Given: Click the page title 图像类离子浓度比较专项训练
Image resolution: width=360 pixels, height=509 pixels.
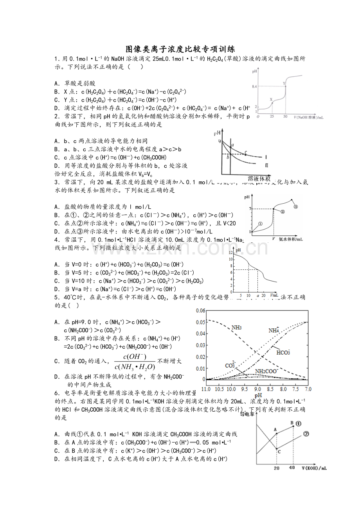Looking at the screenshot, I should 180,49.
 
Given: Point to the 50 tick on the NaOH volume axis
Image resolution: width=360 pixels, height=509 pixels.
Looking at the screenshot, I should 285,117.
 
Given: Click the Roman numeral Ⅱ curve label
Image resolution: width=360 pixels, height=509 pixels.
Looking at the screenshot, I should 266,166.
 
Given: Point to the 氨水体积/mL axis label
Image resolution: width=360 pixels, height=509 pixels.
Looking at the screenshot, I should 290,238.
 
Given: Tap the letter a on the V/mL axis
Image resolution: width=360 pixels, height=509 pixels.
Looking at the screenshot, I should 258,296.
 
